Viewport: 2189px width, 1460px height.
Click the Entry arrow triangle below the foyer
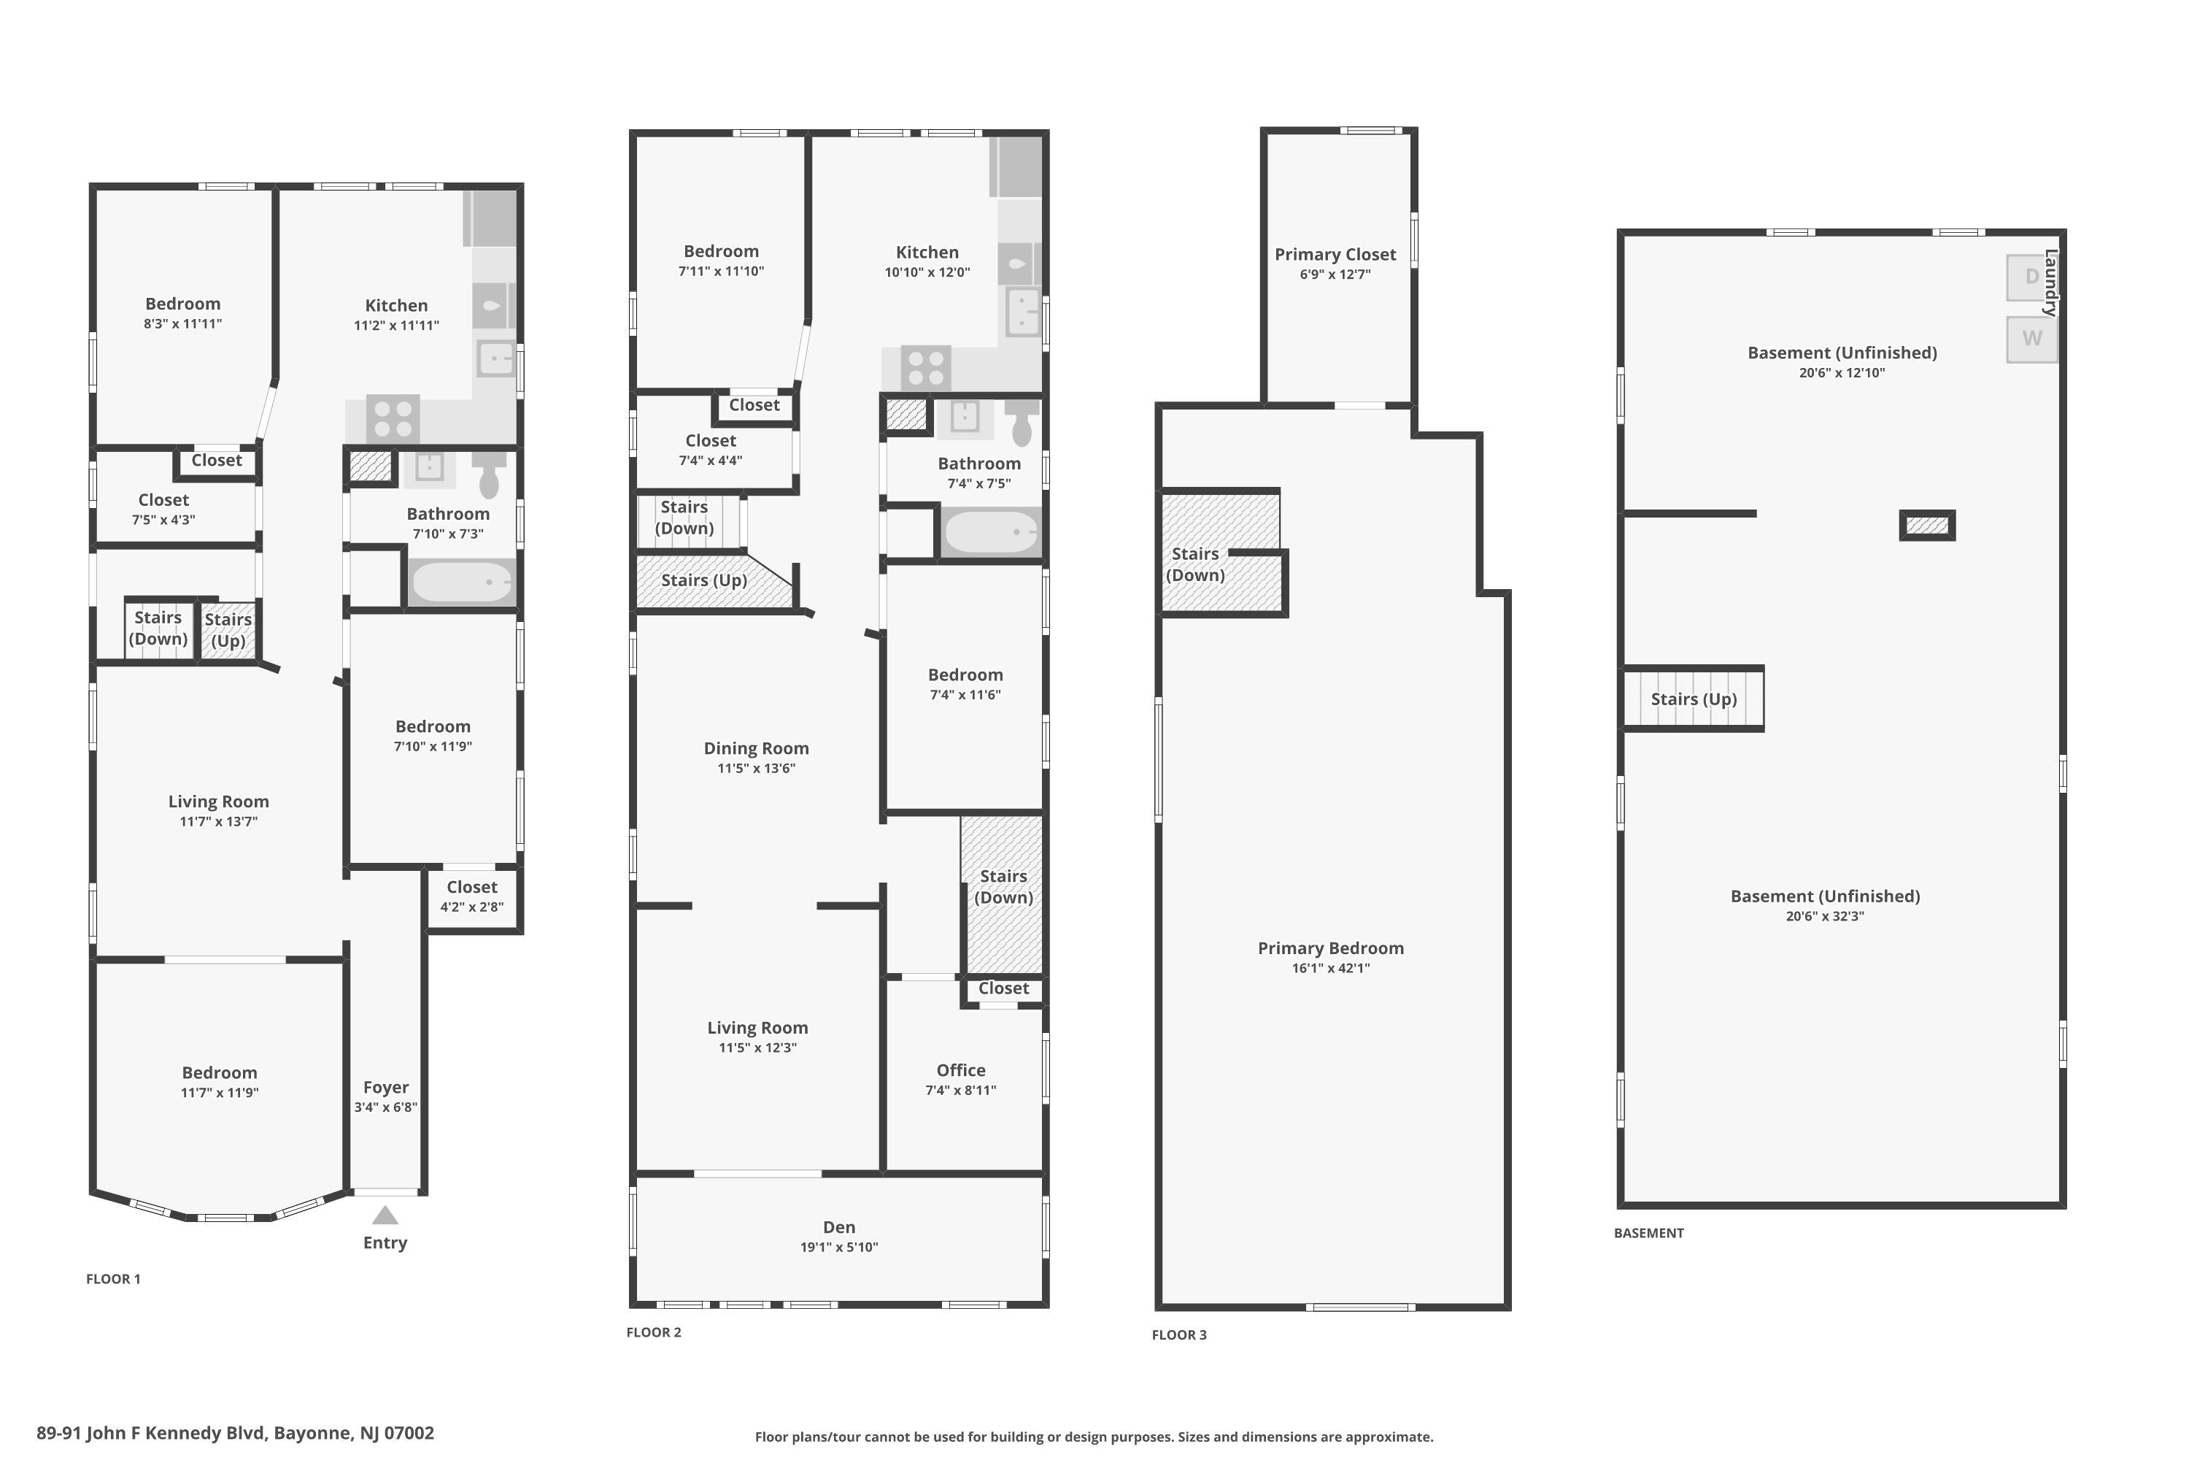385,1215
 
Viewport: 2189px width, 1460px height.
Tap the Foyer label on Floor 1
386,1087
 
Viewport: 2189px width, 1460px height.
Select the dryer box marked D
2031,277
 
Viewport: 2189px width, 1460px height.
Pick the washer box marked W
2031,338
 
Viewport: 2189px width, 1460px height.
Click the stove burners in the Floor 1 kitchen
393,418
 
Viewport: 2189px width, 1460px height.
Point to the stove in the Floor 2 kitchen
926,367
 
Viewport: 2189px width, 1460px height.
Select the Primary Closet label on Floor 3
1335,254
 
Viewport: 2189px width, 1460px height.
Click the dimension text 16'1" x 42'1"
1331,967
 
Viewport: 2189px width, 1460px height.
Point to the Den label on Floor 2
838,1227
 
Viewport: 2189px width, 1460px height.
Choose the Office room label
960,1070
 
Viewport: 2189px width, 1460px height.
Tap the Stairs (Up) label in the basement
1694,699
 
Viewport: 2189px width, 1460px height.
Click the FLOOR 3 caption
1179,1334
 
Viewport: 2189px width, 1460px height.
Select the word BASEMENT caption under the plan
1648,1233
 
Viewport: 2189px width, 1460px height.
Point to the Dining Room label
756,748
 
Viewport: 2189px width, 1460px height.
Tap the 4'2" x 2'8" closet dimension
472,907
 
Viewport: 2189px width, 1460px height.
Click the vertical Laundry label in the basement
2050,283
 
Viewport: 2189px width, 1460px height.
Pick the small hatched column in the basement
1928,525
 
